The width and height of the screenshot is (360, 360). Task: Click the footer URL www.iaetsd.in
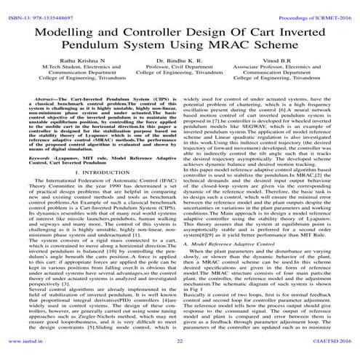click(20, 352)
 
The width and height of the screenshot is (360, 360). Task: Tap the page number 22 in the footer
click(180, 352)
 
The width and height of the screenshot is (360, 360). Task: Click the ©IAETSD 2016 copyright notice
click(332, 352)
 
